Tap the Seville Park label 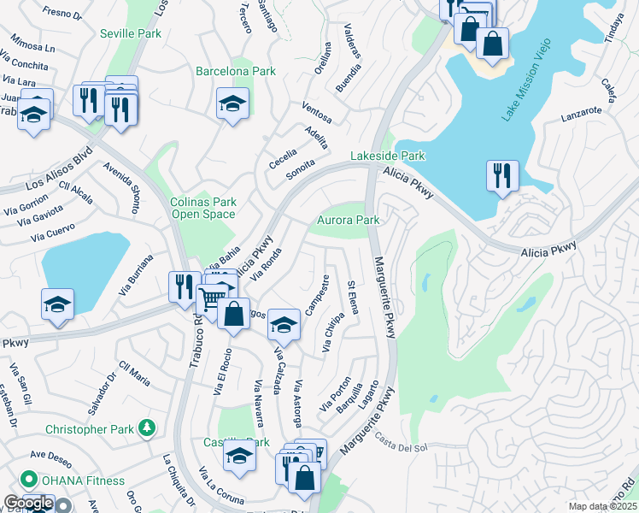coord(130,33)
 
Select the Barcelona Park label coord(236,71)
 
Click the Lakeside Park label coord(388,156)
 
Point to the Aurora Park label coord(349,220)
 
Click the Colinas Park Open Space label coord(202,208)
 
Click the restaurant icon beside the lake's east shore coord(502,176)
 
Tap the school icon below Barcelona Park coord(232,104)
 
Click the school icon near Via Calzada coord(284,325)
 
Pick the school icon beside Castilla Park coord(240,457)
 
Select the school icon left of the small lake coord(57,304)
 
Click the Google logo coord(29,503)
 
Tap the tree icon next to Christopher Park coord(148,427)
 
